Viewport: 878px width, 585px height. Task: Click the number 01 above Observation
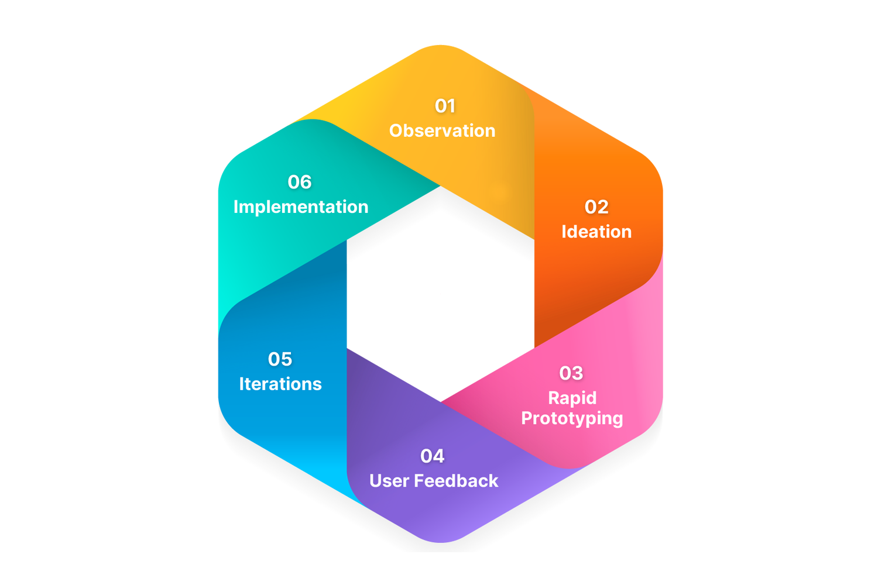click(445, 106)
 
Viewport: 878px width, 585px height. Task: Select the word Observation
click(443, 130)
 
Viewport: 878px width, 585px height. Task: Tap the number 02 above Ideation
click(596, 207)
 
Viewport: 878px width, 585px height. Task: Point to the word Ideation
click(596, 232)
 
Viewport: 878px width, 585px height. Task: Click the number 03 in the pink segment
click(571, 373)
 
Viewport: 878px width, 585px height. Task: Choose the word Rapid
click(572, 398)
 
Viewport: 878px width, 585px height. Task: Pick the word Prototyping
click(572, 419)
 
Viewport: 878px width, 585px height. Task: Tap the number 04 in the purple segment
click(433, 456)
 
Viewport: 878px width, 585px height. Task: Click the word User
click(389, 481)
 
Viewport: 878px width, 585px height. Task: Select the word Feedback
click(456, 481)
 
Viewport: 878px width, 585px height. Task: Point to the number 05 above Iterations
click(280, 359)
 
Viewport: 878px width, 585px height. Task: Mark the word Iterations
click(280, 384)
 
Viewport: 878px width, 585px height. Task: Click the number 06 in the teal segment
click(300, 182)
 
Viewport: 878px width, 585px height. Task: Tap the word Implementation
click(301, 207)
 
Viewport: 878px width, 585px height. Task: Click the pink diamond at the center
click(440, 298)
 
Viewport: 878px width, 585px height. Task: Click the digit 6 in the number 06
click(306, 182)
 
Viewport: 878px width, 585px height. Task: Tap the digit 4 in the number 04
click(439, 456)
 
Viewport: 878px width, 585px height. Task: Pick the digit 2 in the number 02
click(603, 207)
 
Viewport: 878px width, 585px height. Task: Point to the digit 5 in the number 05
click(286, 359)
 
